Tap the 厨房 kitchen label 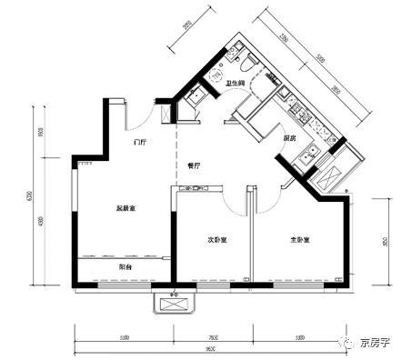click(x=288, y=138)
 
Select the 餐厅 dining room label click(x=194, y=165)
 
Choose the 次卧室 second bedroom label click(x=216, y=240)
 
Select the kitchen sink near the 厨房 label click(x=307, y=154)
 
